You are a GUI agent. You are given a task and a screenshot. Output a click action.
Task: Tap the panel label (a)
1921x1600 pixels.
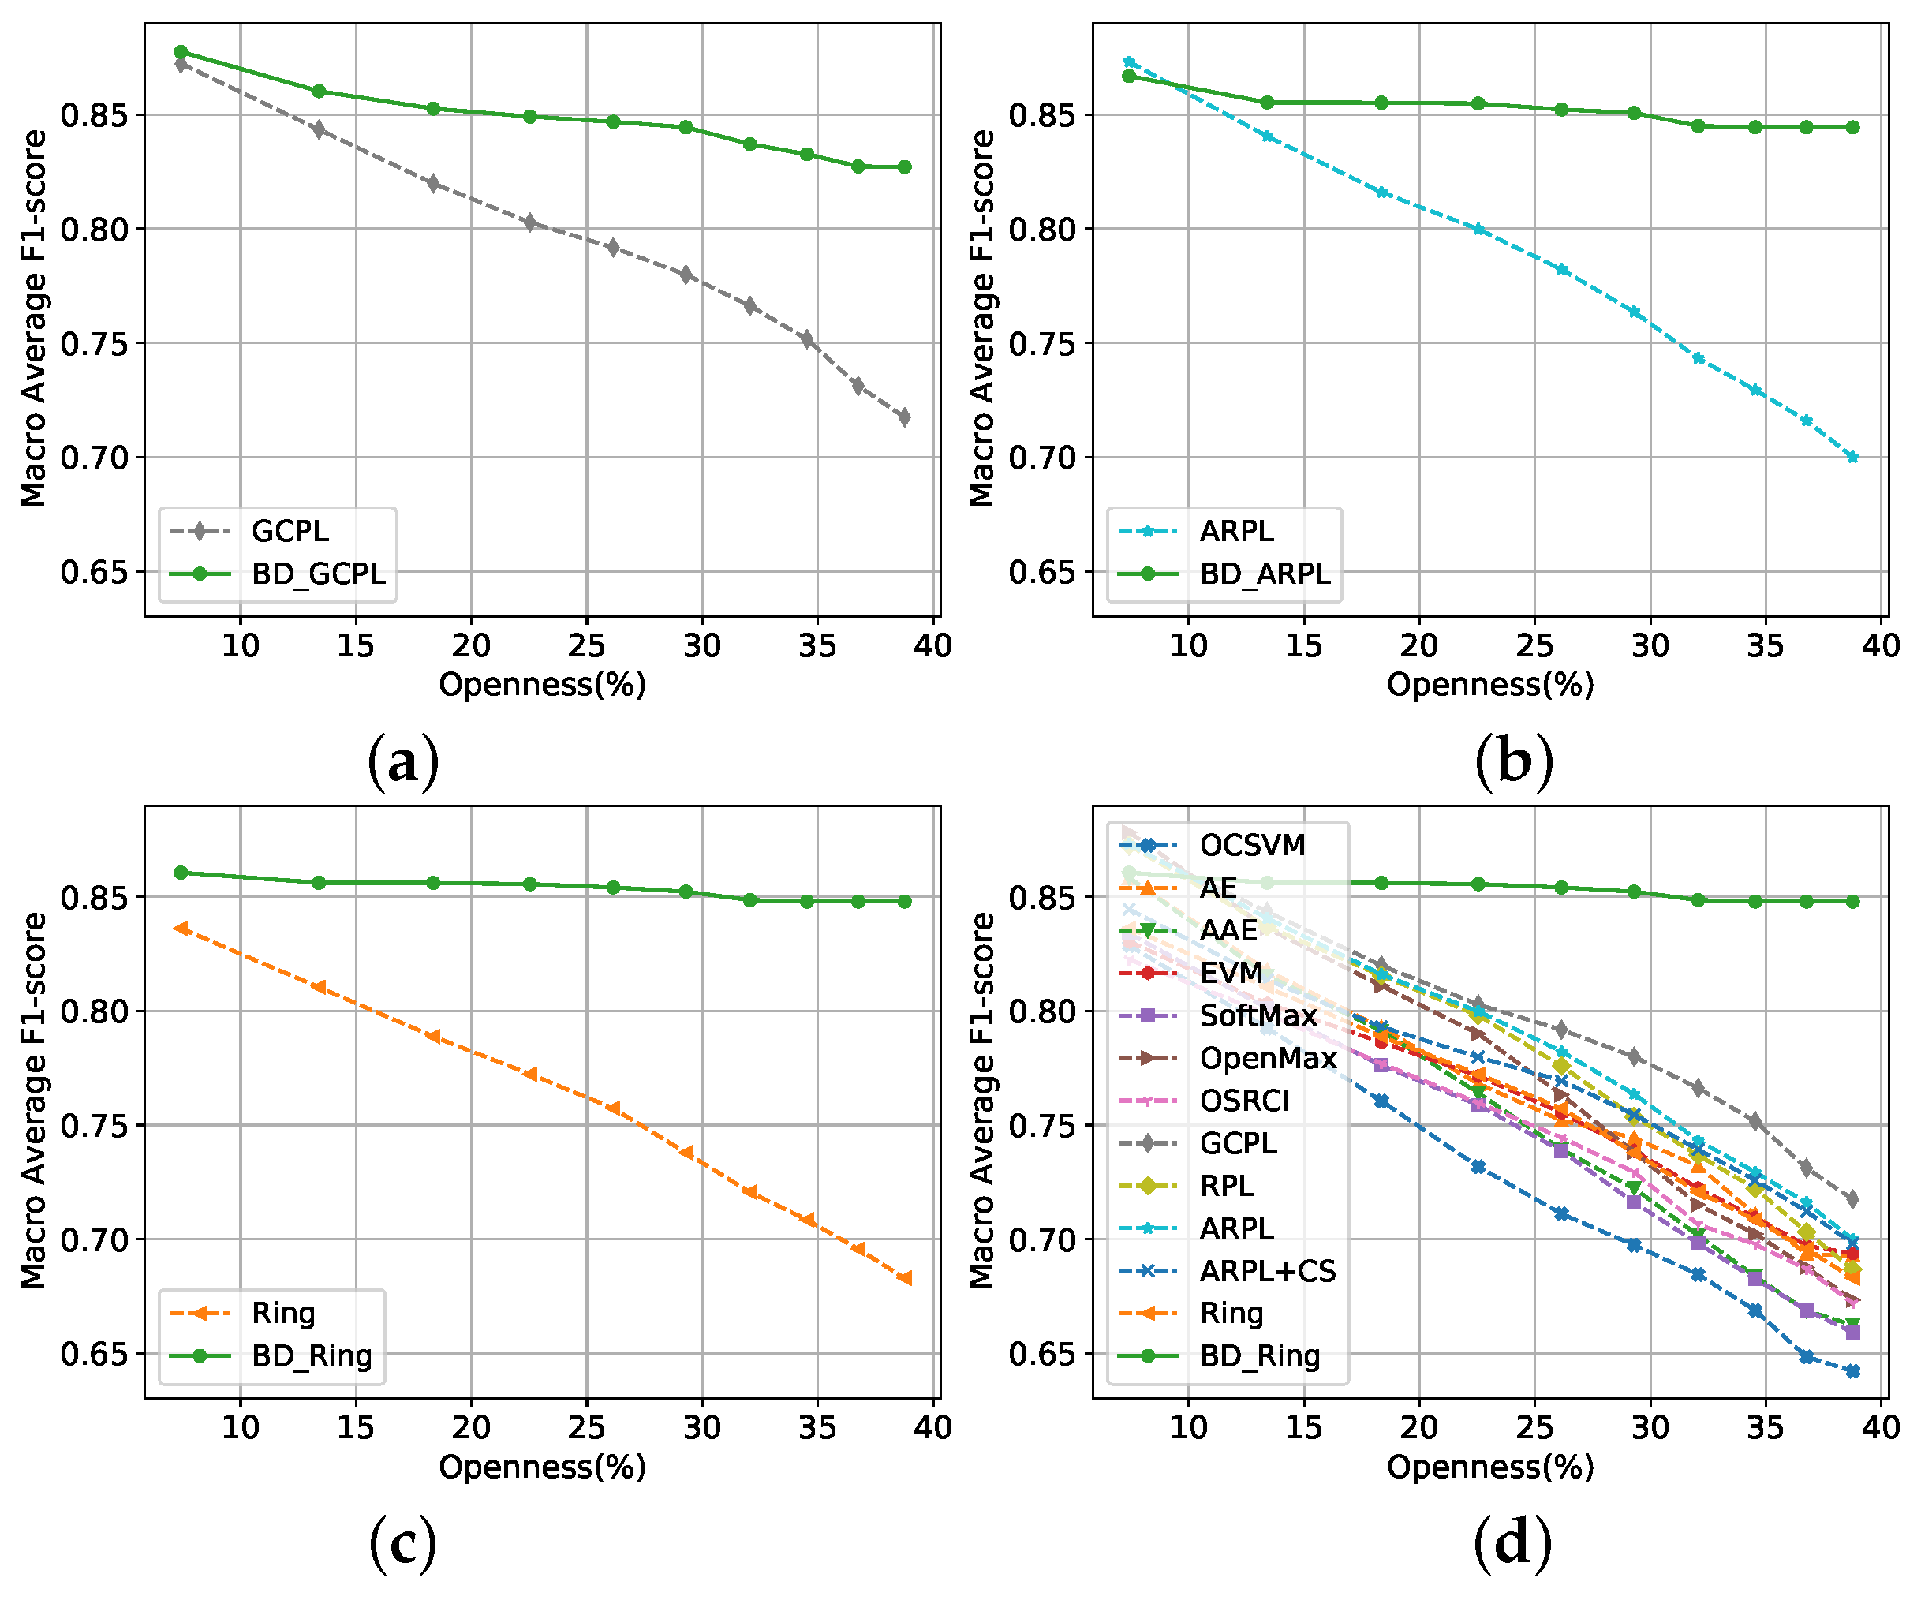point(403,762)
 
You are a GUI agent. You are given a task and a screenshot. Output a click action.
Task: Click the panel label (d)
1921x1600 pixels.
point(1513,1543)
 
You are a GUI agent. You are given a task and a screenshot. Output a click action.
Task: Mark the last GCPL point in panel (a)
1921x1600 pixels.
point(904,417)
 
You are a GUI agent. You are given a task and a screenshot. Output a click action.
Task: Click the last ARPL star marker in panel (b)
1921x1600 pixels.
point(1852,458)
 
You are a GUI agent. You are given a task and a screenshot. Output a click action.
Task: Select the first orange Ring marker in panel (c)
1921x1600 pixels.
point(181,929)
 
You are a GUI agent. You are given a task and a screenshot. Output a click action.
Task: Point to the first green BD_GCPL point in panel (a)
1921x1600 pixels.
point(181,52)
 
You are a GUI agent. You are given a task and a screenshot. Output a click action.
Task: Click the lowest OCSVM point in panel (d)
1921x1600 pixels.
point(1852,1371)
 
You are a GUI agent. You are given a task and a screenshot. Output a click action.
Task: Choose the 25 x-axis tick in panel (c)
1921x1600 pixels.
point(586,1427)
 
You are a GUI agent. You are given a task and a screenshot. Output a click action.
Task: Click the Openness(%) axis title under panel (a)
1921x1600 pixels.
point(543,684)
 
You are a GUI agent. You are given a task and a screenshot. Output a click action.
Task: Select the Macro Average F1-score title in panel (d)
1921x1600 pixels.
point(981,1101)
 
